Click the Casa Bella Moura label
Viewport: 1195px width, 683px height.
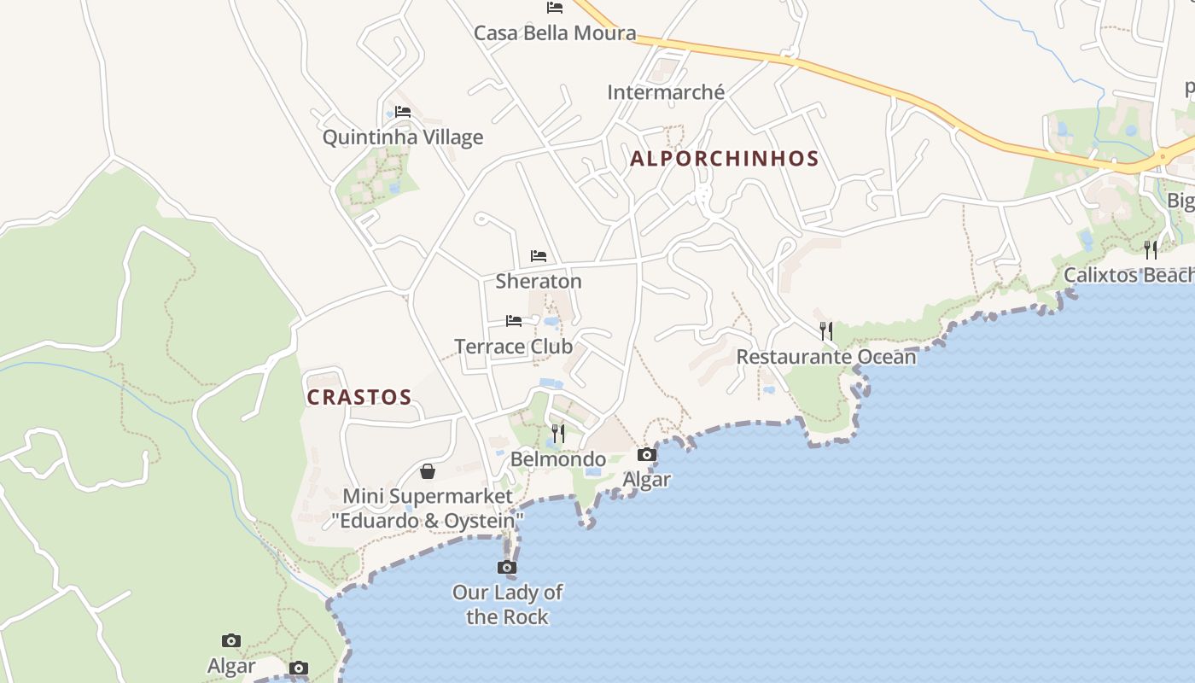[x=555, y=33]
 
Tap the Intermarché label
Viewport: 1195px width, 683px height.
[x=666, y=92]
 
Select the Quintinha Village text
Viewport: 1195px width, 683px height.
[x=403, y=137]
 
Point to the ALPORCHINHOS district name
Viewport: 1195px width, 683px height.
[x=725, y=159]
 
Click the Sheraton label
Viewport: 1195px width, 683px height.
[x=539, y=281]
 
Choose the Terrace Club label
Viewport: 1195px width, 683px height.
[x=514, y=347]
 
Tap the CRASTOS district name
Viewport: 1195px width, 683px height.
[x=359, y=398]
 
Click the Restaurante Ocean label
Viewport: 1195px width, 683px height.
[x=826, y=357]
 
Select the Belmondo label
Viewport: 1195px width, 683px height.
[x=558, y=459]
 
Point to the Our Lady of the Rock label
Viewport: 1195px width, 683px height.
[x=507, y=604]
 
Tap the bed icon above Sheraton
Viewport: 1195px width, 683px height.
[x=539, y=256]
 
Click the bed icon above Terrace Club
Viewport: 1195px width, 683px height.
[x=514, y=321]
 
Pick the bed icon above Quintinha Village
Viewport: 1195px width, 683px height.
[x=403, y=112]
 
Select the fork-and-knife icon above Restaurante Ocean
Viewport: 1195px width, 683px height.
[x=826, y=331]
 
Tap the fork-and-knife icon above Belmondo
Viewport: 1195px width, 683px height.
[x=558, y=434]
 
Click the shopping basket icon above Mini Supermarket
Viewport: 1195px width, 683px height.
[x=428, y=471]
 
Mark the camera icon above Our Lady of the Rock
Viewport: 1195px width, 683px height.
[x=507, y=567]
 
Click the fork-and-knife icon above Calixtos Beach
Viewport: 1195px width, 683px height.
[x=1151, y=249]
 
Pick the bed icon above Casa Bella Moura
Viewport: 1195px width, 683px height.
[x=555, y=8]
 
